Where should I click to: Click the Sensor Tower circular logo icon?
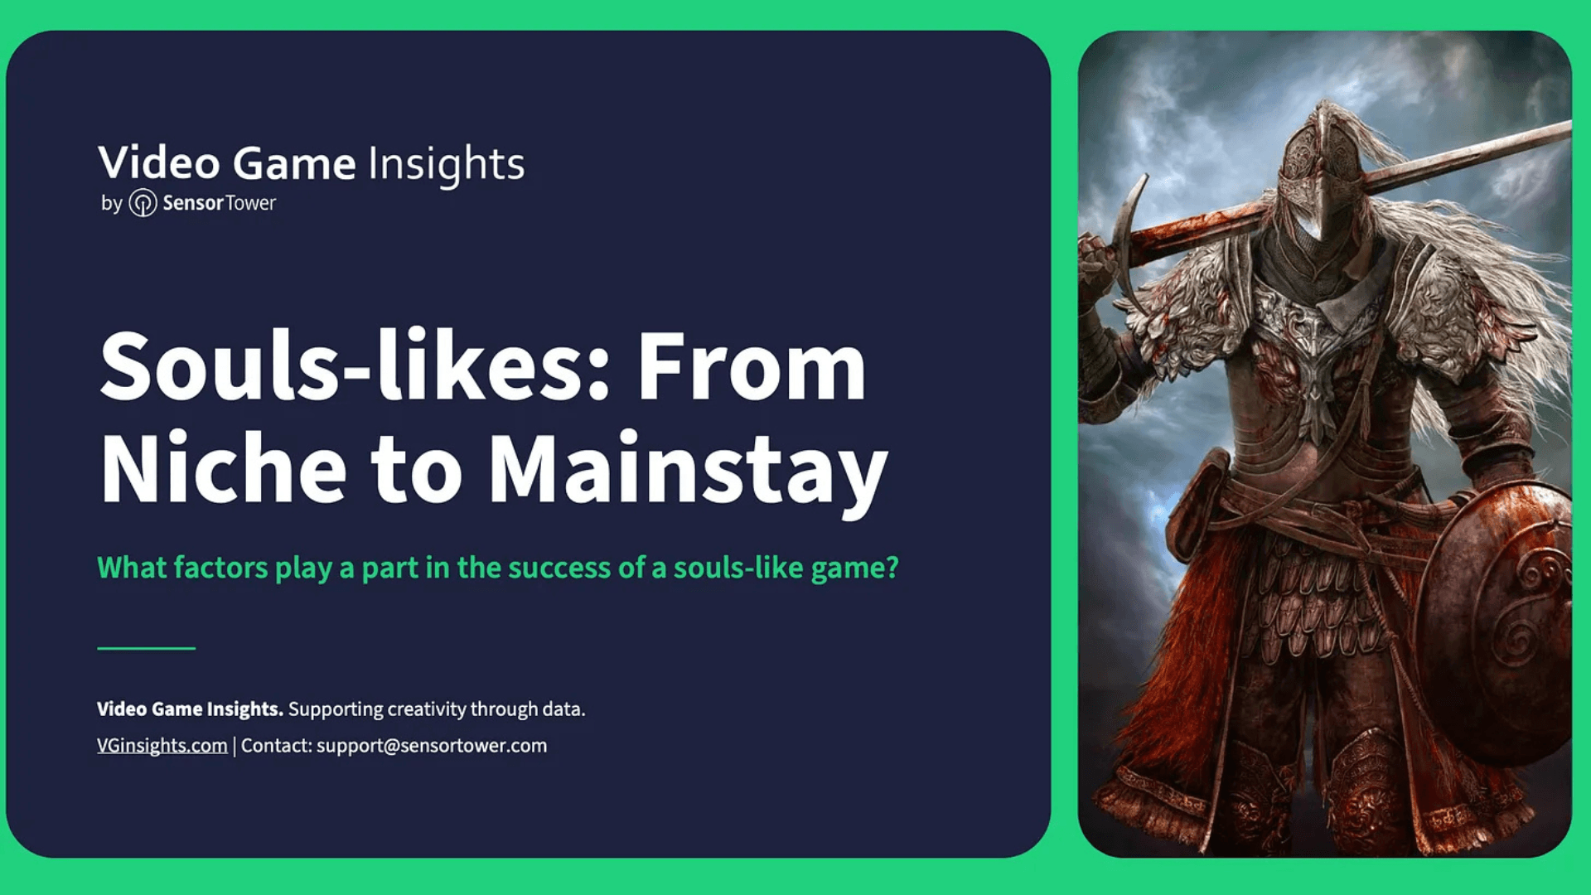[143, 203]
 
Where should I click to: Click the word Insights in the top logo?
[446, 163]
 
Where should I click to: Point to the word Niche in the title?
[223, 469]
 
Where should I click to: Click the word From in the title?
[751, 366]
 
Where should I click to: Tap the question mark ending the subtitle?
[892, 568]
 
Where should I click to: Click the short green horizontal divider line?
[146, 648]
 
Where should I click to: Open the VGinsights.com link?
[162, 745]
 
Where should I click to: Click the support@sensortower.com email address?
[432, 745]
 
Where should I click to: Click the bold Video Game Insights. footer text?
[190, 709]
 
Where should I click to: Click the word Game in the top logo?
[293, 163]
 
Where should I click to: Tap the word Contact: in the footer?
[277, 745]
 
